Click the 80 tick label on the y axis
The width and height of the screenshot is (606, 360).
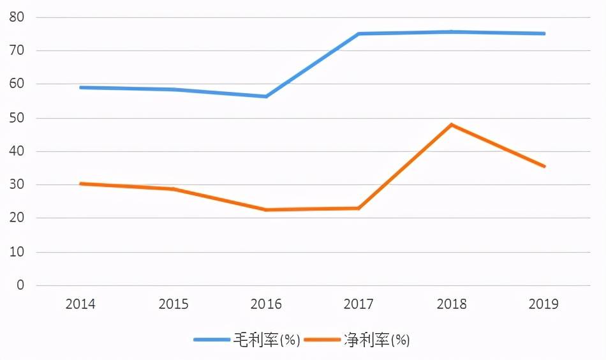coord(17,17)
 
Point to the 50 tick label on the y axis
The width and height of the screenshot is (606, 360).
coord(17,118)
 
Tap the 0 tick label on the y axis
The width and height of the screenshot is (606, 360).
coord(20,285)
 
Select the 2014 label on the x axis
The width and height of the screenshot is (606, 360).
coord(80,304)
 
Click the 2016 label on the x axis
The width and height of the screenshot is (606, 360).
coord(266,304)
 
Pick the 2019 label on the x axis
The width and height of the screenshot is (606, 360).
coord(543,304)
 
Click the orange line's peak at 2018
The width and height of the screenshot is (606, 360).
coord(452,124)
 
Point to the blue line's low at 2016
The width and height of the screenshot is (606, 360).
coord(266,96)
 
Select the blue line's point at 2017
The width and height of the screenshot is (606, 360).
coord(358,34)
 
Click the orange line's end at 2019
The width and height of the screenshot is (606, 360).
coord(544,167)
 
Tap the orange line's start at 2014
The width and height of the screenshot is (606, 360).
coord(80,184)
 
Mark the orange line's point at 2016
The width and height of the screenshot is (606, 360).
coord(266,209)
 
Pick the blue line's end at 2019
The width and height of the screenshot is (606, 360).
coord(544,33)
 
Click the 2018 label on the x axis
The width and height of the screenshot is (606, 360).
coord(452,304)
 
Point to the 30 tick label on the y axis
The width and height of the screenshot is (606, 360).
coord(17,185)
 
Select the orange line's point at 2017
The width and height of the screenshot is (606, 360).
coord(358,208)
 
